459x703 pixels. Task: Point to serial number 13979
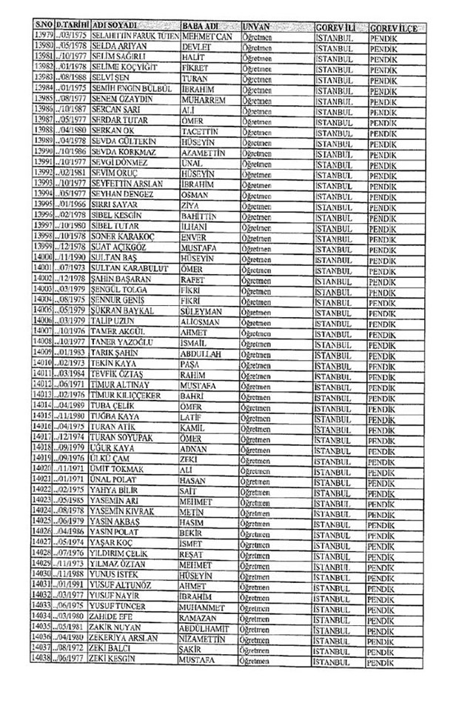[x=44, y=36]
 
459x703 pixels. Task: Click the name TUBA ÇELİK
[x=114, y=427]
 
